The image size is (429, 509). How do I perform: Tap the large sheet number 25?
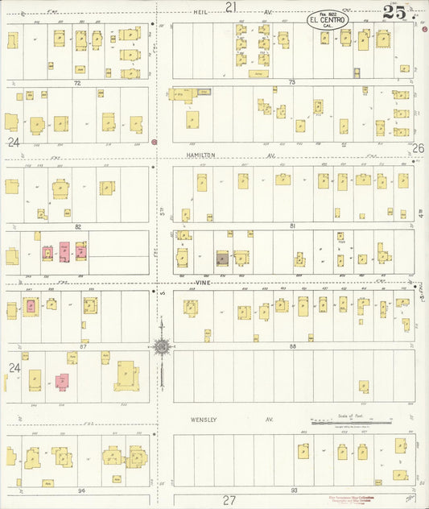pos(394,12)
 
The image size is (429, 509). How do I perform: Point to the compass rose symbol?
pos(161,346)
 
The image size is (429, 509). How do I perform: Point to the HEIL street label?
pos(201,13)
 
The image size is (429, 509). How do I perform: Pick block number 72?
pos(78,83)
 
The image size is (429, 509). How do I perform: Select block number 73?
pos(292,83)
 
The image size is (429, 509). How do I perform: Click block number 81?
pos(293,226)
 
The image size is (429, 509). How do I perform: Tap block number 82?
pos(79,227)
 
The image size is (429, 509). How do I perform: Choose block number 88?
pos(293,346)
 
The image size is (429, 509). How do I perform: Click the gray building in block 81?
pos(221,259)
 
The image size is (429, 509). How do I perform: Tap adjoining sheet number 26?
pos(418,148)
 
